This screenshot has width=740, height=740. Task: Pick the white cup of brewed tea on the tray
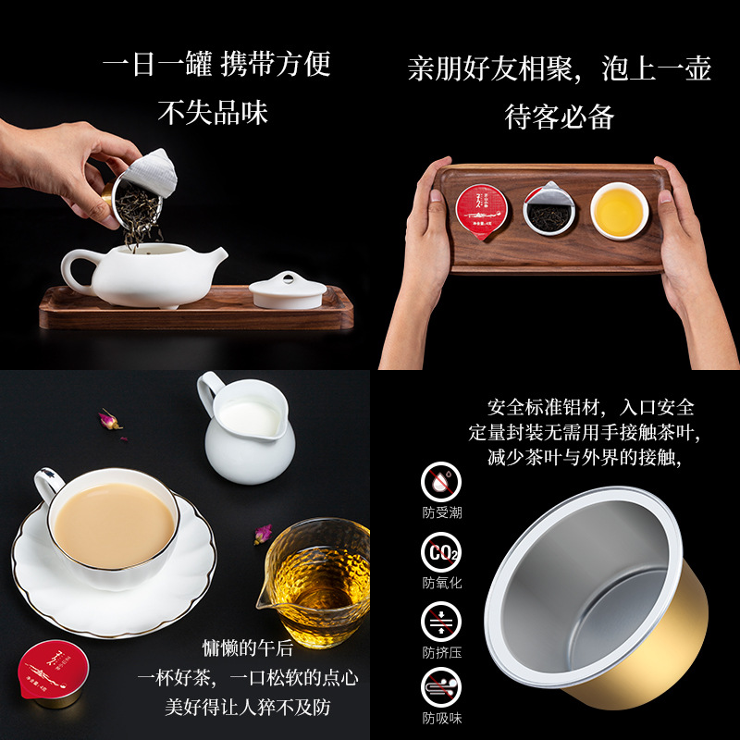click(619, 210)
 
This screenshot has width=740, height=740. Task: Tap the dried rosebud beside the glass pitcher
click(264, 534)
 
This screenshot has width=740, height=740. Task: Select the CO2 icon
click(441, 554)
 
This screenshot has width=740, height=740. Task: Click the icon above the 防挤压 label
click(441, 621)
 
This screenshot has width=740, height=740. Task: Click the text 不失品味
click(213, 113)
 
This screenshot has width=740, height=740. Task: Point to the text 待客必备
click(560, 117)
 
